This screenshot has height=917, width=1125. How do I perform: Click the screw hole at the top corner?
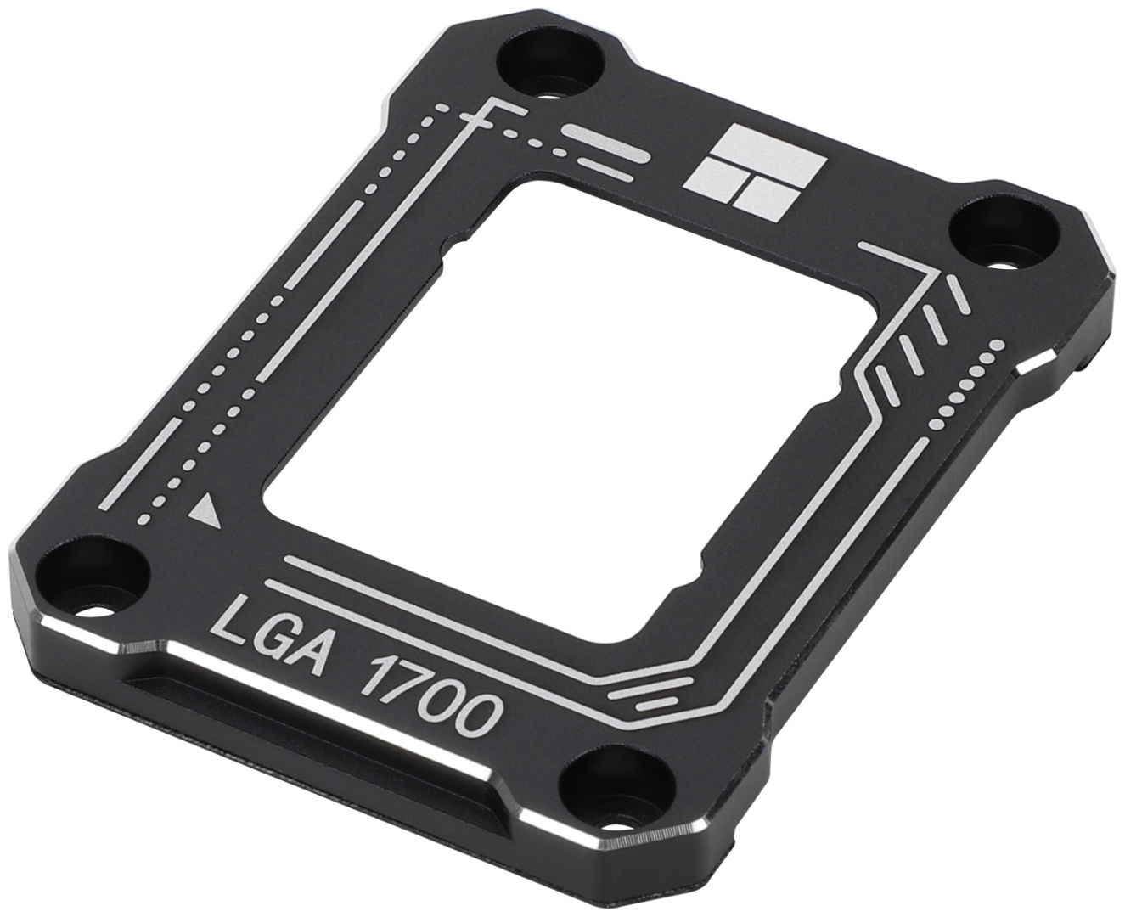coord(551,62)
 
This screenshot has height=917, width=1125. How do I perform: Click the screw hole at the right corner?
coord(1004,235)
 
